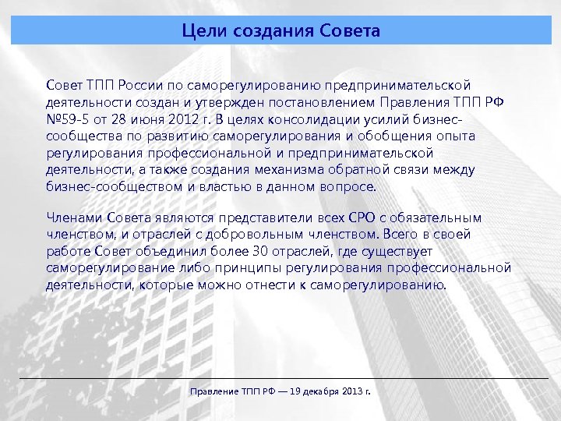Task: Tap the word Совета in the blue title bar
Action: click(x=350, y=31)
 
